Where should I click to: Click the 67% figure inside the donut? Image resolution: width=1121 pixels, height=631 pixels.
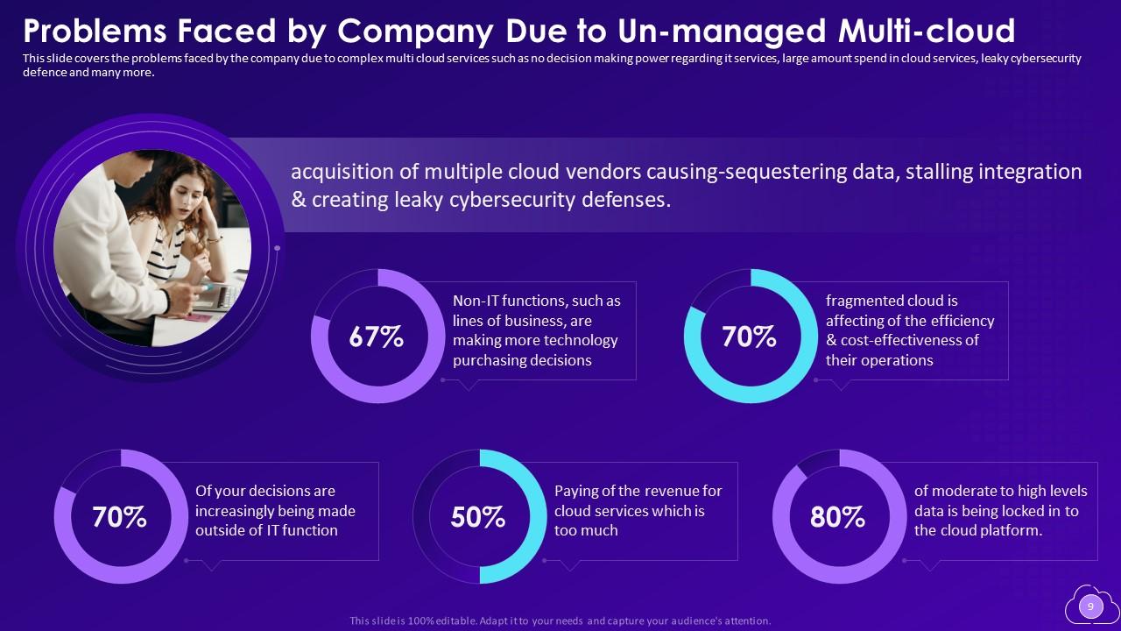tap(376, 337)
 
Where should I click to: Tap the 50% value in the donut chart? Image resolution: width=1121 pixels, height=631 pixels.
tap(478, 517)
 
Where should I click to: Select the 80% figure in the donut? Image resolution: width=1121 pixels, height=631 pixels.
tap(838, 517)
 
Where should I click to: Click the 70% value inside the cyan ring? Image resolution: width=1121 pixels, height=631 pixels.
tap(749, 337)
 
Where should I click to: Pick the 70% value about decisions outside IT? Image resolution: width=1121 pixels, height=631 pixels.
tap(119, 517)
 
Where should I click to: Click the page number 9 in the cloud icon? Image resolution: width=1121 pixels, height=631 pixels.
tap(1090, 606)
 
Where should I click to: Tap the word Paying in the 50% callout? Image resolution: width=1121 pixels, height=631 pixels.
tap(575, 491)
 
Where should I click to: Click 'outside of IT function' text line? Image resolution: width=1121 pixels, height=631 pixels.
tap(266, 530)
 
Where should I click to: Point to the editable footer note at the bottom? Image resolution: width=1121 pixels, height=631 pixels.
tap(560, 620)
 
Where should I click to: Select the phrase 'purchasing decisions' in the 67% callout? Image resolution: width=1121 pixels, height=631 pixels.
tap(522, 360)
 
